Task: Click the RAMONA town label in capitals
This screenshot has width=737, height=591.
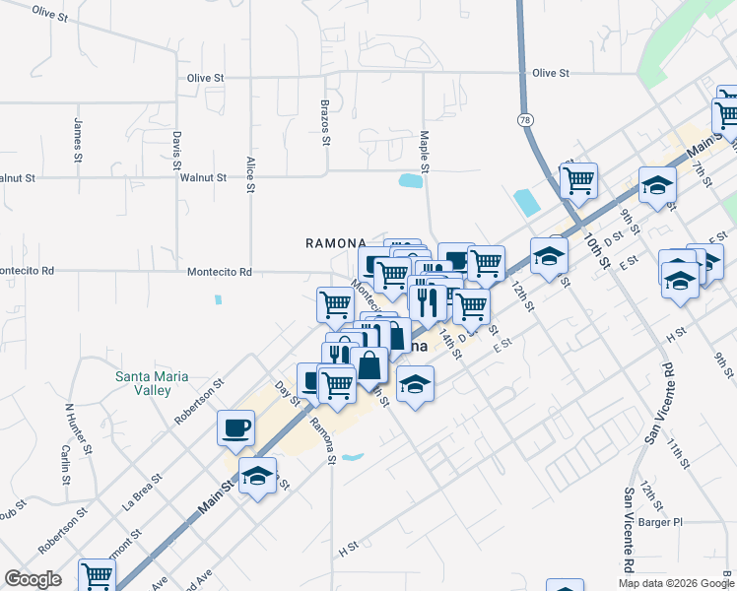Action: tap(335, 242)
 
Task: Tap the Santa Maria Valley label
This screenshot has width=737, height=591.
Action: tap(152, 382)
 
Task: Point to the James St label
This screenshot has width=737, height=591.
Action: tap(77, 140)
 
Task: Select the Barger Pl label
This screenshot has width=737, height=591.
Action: tap(660, 522)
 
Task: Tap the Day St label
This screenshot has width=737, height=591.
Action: tap(287, 392)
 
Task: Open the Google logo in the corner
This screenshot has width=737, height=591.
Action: tap(33, 578)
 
